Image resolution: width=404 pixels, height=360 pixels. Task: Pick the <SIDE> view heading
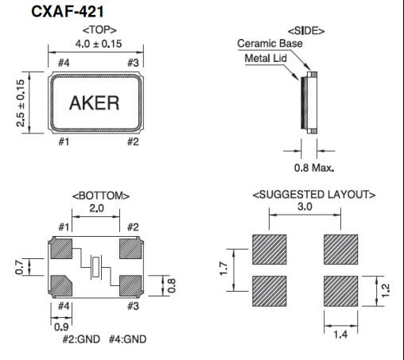click(x=308, y=30)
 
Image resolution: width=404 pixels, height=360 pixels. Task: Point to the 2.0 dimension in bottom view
click(x=96, y=207)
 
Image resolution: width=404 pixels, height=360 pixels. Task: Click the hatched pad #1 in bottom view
click(x=62, y=250)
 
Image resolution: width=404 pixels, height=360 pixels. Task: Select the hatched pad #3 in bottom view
click(x=130, y=284)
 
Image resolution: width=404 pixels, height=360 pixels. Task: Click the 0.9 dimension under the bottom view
click(x=61, y=325)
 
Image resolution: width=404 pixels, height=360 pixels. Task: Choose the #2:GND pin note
click(x=79, y=339)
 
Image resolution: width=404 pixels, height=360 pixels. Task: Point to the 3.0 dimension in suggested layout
click(x=305, y=207)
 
